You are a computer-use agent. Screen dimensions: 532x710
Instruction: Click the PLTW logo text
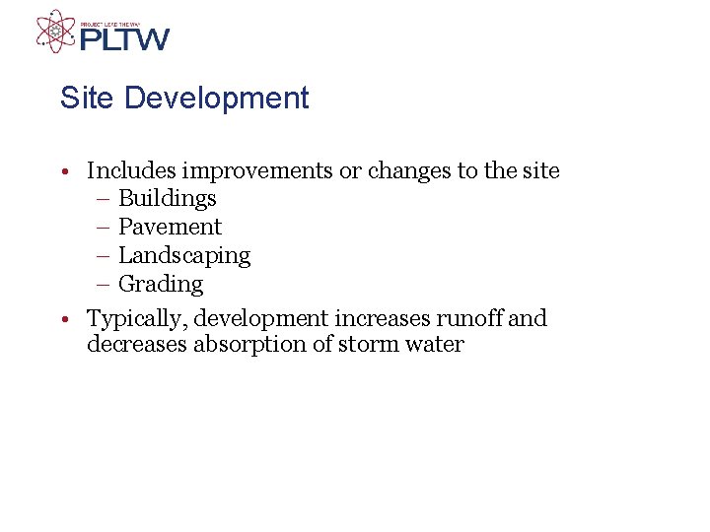[124, 39]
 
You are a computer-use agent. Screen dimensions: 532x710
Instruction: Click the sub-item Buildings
[167, 199]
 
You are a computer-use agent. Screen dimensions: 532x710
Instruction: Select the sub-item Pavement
[170, 228]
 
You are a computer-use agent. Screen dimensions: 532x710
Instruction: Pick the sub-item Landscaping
[184, 256]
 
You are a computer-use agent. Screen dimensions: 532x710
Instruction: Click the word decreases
[136, 345]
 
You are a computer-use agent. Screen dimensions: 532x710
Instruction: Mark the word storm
[370, 345]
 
